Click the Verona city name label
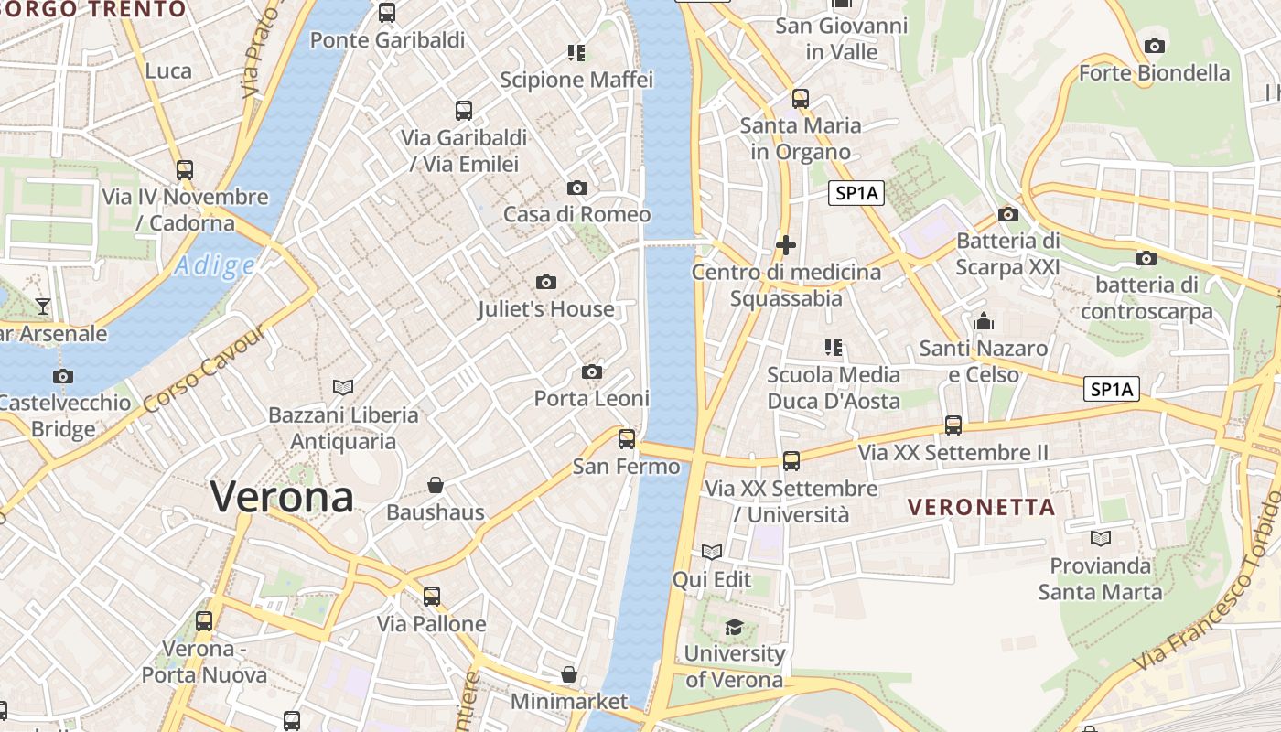[x=282, y=497]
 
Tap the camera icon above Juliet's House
[x=546, y=282]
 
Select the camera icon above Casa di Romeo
[x=577, y=188]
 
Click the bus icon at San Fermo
[x=627, y=438]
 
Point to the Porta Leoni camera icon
[x=592, y=371]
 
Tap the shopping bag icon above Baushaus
[x=436, y=484]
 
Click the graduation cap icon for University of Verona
[x=734, y=627]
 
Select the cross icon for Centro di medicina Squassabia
[x=785, y=245]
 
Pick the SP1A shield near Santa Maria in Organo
[x=857, y=193]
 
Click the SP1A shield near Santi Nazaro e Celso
[x=1112, y=389]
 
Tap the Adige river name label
[x=215, y=266]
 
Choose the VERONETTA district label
[x=981, y=507]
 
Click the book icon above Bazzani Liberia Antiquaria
[x=343, y=387]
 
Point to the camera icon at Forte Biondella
[x=1155, y=46]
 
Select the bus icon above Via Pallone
[x=432, y=597]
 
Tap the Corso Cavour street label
[x=204, y=368]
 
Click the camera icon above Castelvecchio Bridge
[x=62, y=376]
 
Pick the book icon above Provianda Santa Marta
[x=1101, y=538]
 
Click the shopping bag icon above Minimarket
[x=569, y=674]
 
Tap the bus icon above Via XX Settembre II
[x=953, y=425]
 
